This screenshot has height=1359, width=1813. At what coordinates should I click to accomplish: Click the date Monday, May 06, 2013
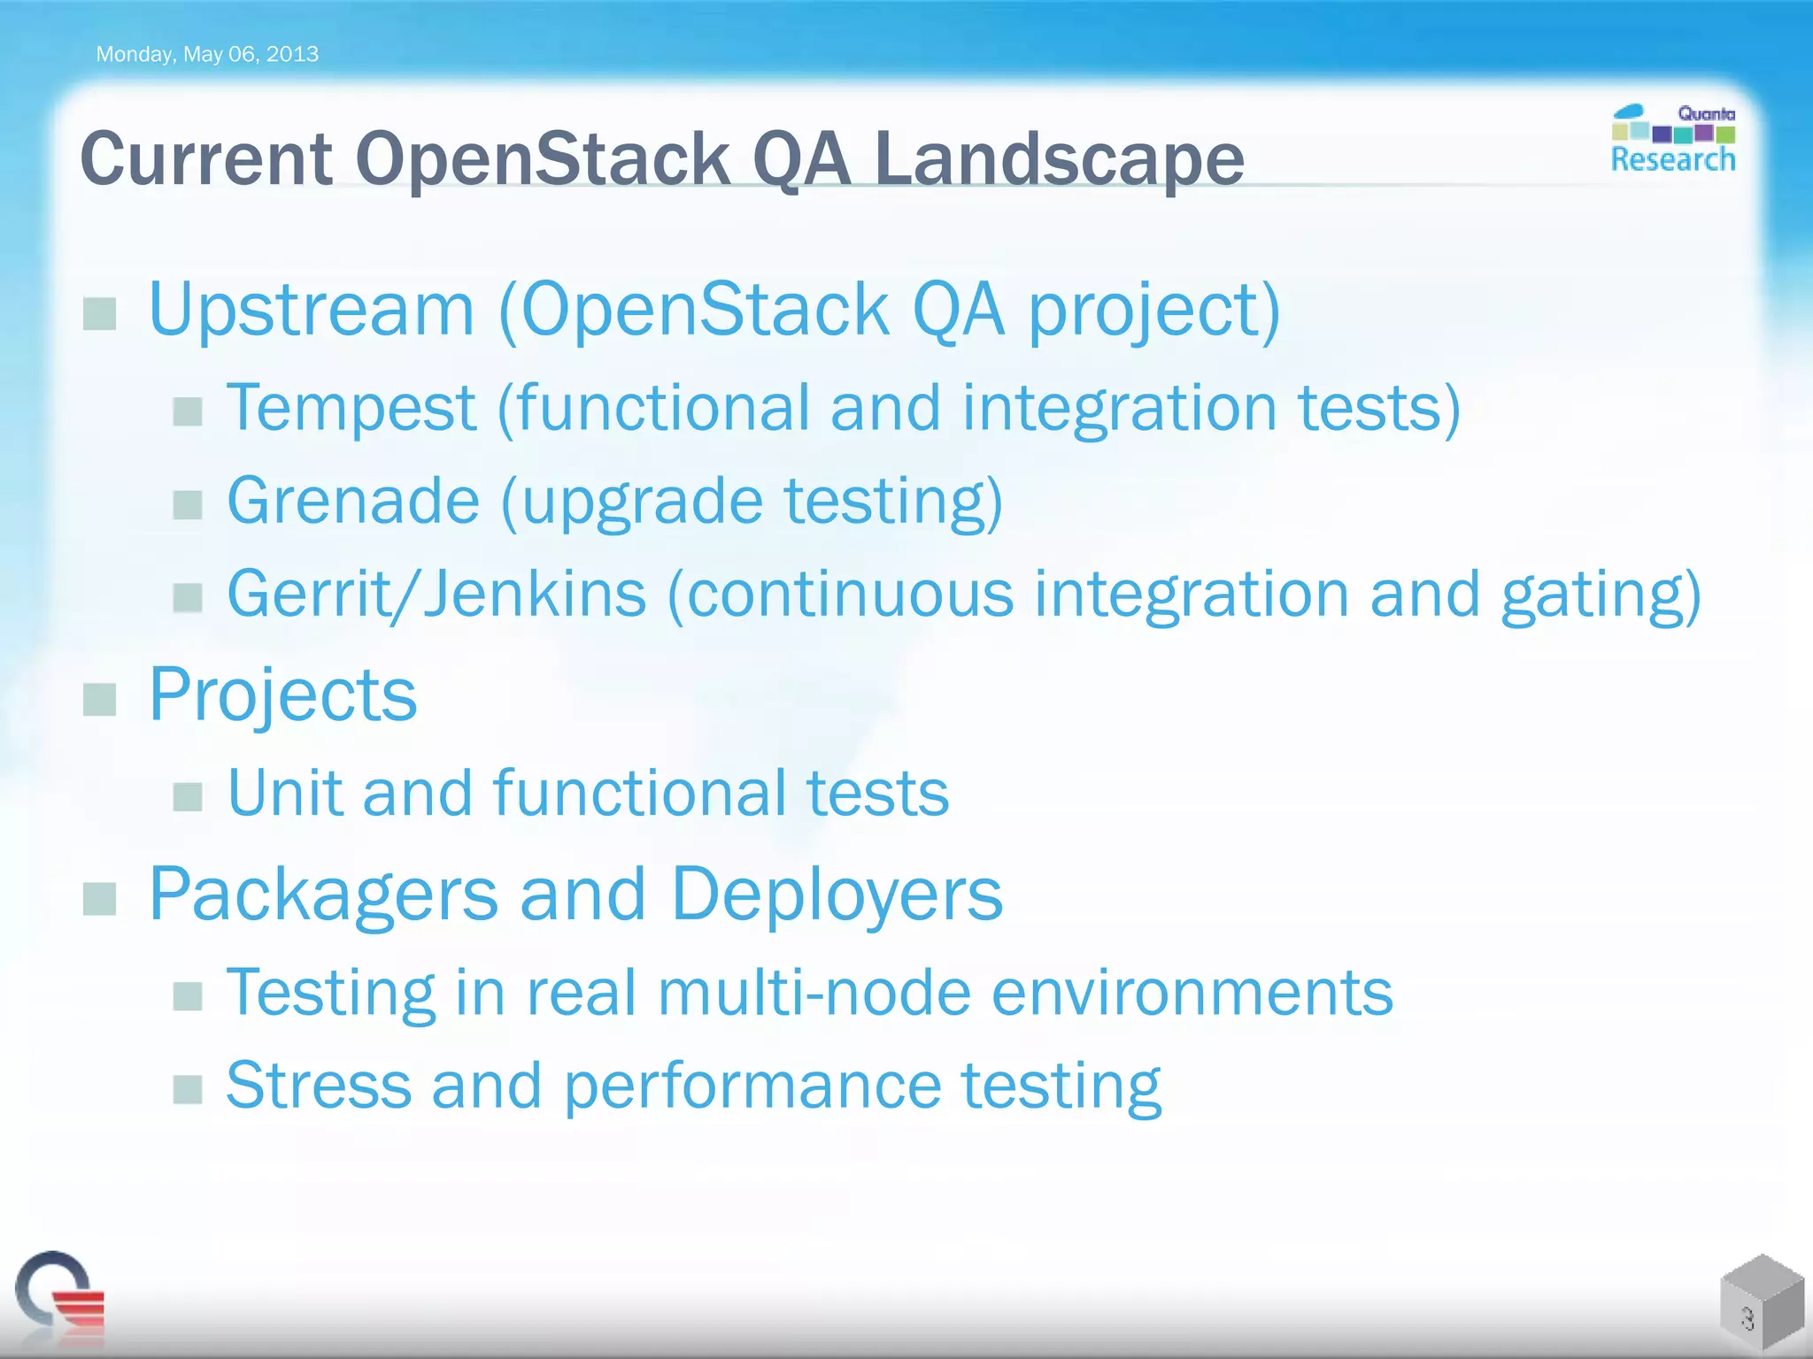tap(206, 54)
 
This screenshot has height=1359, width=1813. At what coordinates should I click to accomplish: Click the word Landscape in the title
tap(1059, 159)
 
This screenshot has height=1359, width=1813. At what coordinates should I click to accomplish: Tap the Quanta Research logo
tap(1672, 139)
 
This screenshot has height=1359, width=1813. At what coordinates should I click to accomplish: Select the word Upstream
tap(312, 310)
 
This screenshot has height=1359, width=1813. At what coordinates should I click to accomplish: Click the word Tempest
tap(351, 409)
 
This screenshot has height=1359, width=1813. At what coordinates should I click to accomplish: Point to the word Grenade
tap(353, 501)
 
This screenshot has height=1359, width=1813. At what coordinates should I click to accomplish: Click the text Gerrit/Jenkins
tap(436, 594)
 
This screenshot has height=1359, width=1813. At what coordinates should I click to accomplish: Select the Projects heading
tap(282, 695)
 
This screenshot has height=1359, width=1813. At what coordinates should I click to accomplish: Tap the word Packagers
tap(323, 894)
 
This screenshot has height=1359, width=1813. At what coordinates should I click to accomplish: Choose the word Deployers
tap(837, 894)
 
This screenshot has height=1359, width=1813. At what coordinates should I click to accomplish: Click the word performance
tap(752, 1086)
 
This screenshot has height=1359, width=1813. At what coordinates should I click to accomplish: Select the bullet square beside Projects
tap(99, 699)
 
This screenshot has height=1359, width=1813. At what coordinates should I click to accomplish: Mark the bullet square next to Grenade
tap(188, 505)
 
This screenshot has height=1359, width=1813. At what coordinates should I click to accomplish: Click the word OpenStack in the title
tap(543, 159)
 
